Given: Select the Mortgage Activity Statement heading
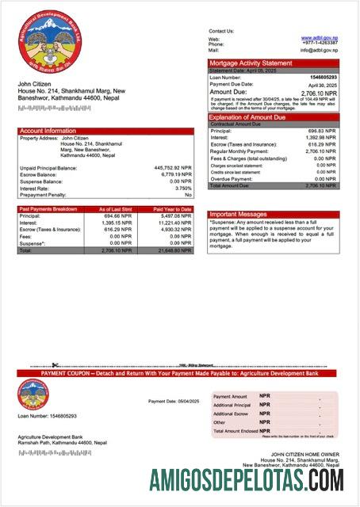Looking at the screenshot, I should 251,63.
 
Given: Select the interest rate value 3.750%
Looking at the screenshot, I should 182,188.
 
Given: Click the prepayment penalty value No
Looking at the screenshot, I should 188,194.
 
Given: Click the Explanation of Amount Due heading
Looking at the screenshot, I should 252,117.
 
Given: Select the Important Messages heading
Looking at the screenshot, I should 239,214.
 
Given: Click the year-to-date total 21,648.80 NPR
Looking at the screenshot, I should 174,250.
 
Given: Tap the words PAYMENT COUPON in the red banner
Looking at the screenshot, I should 65,372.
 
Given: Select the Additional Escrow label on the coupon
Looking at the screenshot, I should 229,414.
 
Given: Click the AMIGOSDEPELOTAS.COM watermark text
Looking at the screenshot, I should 247,480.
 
